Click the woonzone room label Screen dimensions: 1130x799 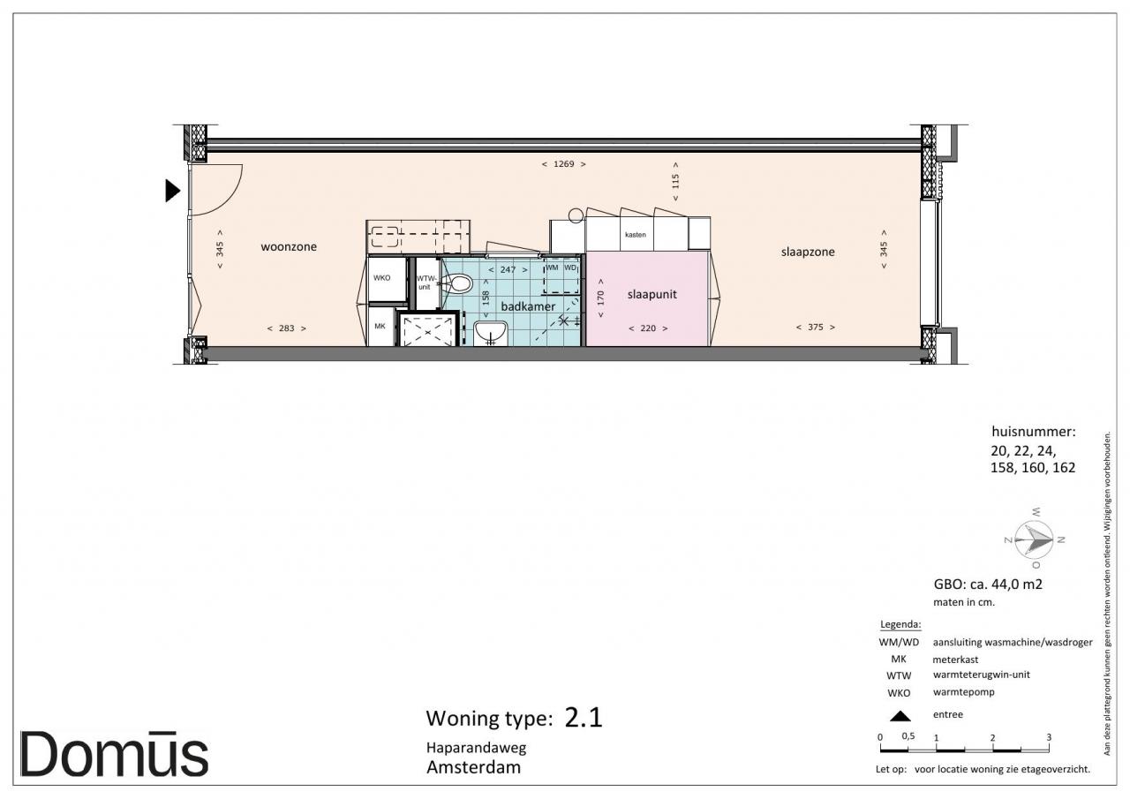click(289, 246)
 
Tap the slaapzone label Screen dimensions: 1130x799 click(808, 253)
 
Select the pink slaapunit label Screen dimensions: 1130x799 click(652, 295)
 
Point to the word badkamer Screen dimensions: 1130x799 click(528, 306)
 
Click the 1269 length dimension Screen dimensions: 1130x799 click(563, 164)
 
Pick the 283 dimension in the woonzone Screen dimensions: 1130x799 click(287, 328)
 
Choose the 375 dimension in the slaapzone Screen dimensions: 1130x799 click(815, 328)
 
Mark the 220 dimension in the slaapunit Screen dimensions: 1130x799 click(648, 328)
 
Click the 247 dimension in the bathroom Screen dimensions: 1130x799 click(508, 270)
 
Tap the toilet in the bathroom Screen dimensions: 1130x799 click(458, 283)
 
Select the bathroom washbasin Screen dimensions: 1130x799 click(490, 333)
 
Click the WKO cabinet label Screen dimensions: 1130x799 click(382, 278)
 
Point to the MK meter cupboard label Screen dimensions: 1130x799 click(380, 327)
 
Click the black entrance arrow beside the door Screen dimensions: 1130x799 click(172, 191)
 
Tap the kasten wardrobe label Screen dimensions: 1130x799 click(635, 235)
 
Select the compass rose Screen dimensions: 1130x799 click(1034, 539)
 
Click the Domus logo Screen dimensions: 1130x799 click(114, 754)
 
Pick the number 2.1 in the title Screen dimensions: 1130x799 click(584, 717)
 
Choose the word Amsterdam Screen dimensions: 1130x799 click(473, 767)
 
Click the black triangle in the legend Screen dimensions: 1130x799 click(900, 716)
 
